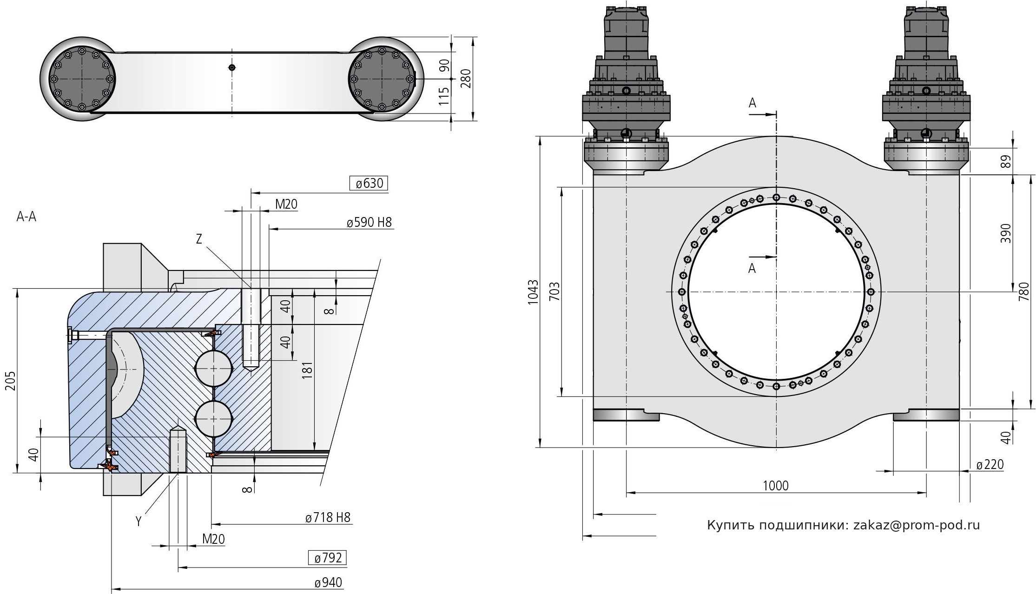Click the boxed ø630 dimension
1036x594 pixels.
[x=369, y=184]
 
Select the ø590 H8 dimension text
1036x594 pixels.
[x=369, y=223]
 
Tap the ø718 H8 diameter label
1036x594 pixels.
[x=328, y=517]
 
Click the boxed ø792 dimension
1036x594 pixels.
[x=328, y=558]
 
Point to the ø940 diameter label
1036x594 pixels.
[x=328, y=583]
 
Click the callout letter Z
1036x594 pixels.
[x=199, y=239]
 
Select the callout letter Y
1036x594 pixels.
[x=138, y=521]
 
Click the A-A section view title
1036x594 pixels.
[x=26, y=217]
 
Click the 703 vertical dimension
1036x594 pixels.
[x=554, y=292]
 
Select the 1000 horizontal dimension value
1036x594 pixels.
[x=776, y=486]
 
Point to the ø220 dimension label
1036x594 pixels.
[x=990, y=464]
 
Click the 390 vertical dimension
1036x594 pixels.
[x=1005, y=233]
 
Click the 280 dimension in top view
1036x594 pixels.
[x=466, y=78]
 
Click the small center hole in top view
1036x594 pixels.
[x=232, y=67]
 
